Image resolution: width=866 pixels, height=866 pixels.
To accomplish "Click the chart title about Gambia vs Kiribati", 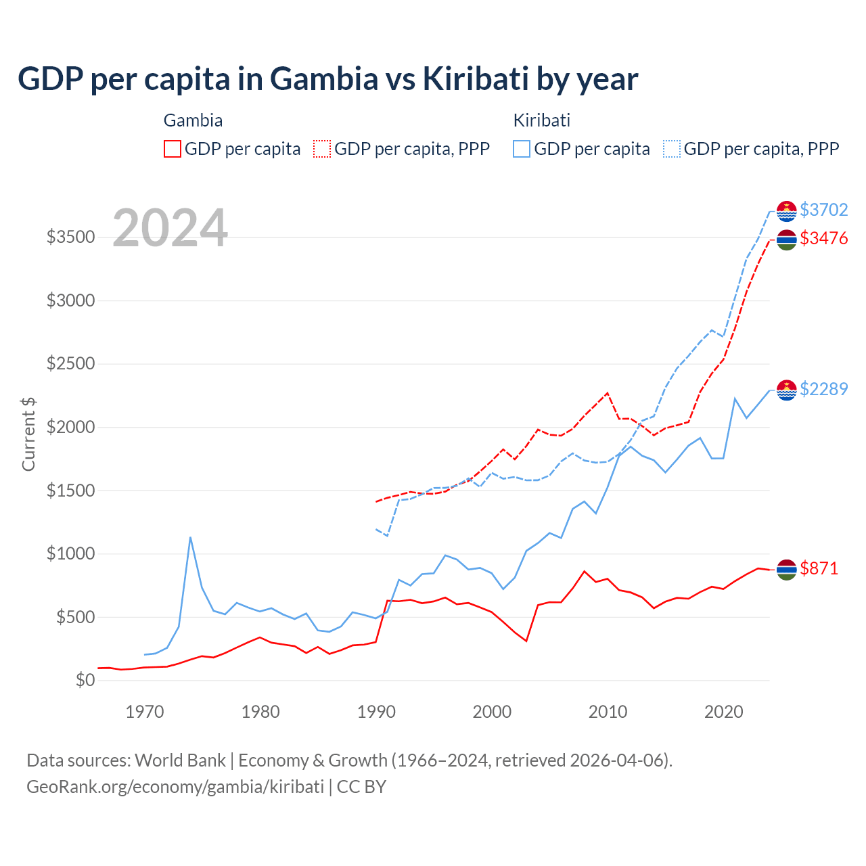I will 327,79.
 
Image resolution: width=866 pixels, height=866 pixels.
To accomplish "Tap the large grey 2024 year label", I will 170,229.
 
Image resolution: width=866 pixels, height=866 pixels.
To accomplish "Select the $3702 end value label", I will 823,210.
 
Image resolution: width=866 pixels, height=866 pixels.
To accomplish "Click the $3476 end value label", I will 823,238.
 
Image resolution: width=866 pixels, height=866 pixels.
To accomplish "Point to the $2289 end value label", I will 823,389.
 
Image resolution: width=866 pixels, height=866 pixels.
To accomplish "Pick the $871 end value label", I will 819,568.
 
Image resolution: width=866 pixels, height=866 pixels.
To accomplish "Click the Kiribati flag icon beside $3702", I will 786,211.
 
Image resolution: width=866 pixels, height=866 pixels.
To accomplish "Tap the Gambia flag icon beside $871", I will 786,570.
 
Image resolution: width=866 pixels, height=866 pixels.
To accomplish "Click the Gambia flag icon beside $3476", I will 786,240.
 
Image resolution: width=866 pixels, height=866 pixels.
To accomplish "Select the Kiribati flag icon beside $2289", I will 786,390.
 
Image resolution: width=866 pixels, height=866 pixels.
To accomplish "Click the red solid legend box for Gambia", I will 173,149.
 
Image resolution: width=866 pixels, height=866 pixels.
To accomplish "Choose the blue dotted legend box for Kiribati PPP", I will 672,149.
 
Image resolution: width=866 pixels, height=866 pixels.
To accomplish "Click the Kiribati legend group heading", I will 541,120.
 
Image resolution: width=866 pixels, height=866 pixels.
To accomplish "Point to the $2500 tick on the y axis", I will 70,364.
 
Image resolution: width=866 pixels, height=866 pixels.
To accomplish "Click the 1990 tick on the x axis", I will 376,712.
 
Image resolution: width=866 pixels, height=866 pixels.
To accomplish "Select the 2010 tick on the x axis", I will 608,712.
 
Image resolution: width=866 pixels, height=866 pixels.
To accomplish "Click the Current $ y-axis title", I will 28,434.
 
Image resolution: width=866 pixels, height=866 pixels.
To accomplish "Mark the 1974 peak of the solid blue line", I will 191,537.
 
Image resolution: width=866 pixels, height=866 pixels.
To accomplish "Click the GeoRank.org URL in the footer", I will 175,787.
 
